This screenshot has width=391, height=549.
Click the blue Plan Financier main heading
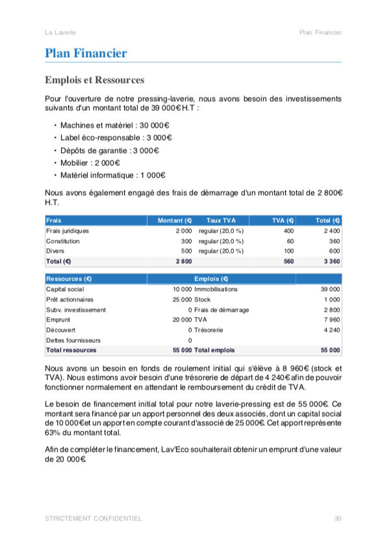coord(86,54)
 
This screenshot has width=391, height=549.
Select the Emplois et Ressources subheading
coord(94,80)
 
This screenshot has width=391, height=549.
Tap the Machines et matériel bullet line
coord(114,125)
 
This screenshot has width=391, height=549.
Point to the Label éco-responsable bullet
coord(116,137)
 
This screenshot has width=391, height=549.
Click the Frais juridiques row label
coord(68,231)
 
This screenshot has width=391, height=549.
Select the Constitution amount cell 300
coord(186,240)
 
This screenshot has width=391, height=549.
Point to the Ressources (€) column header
coord(69,279)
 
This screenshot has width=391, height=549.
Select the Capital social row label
coord(64,289)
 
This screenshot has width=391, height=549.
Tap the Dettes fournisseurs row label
coord(73,340)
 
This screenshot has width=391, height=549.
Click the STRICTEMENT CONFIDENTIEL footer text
coord(94,519)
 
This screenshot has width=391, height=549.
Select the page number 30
coord(338,519)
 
